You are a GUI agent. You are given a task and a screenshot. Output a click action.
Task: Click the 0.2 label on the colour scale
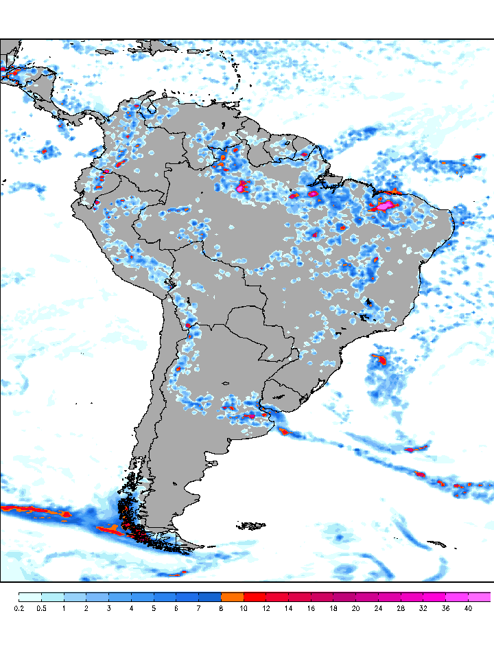pyautogui.click(x=19, y=608)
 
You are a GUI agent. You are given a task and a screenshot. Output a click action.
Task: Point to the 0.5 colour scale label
pyautogui.click(x=42, y=608)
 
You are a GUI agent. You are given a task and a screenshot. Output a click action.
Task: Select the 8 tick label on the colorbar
pyautogui.click(x=222, y=608)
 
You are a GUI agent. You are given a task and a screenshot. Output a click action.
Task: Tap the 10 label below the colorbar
pyautogui.click(x=244, y=608)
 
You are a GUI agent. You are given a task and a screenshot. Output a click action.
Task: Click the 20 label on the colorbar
pyautogui.click(x=356, y=608)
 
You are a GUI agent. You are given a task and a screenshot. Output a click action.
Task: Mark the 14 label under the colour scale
pyautogui.click(x=289, y=608)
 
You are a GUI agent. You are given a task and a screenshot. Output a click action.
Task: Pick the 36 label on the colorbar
pyautogui.click(x=446, y=608)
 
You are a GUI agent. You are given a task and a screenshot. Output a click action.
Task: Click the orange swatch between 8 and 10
pyautogui.click(x=233, y=597)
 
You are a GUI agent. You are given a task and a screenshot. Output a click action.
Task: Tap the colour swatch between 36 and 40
pyautogui.click(x=457, y=597)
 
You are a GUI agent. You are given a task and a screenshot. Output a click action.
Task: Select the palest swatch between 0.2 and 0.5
pyautogui.click(x=30, y=597)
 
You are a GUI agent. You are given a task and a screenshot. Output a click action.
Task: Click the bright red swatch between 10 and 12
pyautogui.click(x=255, y=597)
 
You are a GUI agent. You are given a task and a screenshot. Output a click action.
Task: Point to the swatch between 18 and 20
pyautogui.click(x=345, y=597)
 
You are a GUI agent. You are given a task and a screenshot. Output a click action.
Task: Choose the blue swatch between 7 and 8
pyautogui.click(x=210, y=597)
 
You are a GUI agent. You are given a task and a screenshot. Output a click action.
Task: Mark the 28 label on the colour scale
pyautogui.click(x=401, y=608)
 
